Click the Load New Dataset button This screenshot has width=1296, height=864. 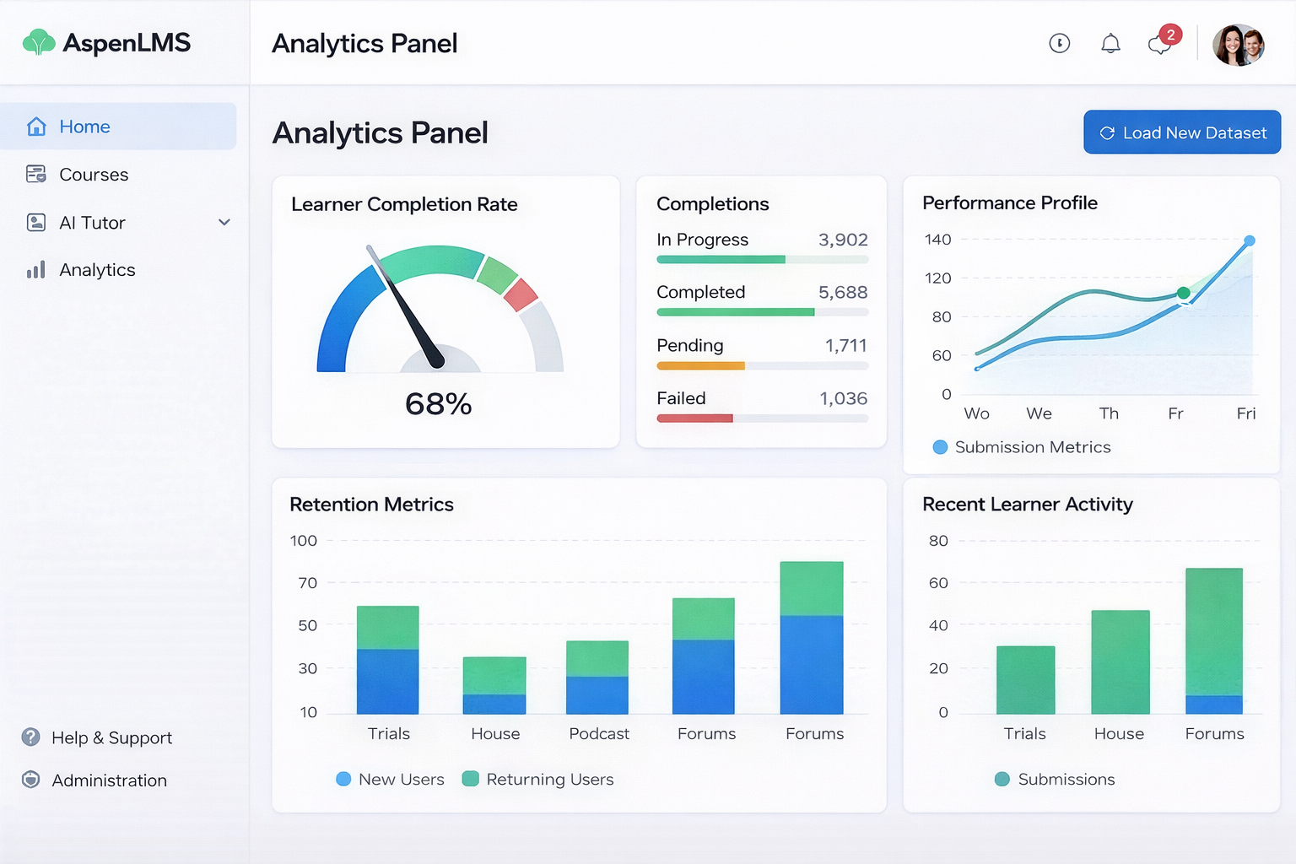(1181, 132)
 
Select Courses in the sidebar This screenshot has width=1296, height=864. (94, 175)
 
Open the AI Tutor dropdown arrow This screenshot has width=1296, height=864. (224, 223)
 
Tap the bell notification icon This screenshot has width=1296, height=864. (1110, 44)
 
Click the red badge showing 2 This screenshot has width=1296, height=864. (1170, 35)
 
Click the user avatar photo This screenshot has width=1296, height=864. (1238, 45)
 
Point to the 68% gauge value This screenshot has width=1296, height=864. (438, 404)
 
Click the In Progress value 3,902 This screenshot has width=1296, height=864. (842, 240)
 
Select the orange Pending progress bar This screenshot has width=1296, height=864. (700, 366)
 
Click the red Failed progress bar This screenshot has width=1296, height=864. (694, 418)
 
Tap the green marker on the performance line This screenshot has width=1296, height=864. (1183, 293)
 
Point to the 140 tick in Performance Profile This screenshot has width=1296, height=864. (937, 240)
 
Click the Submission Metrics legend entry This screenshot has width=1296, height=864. (1022, 447)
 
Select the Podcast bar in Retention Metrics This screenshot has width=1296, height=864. (597, 678)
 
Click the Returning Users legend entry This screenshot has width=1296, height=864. (538, 780)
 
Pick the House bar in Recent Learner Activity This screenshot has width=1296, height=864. (1120, 662)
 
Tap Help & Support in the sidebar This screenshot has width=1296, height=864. (111, 738)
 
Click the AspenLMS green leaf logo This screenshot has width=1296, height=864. (39, 42)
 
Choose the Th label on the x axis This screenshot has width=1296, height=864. (1109, 413)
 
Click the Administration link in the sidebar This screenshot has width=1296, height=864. (109, 780)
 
